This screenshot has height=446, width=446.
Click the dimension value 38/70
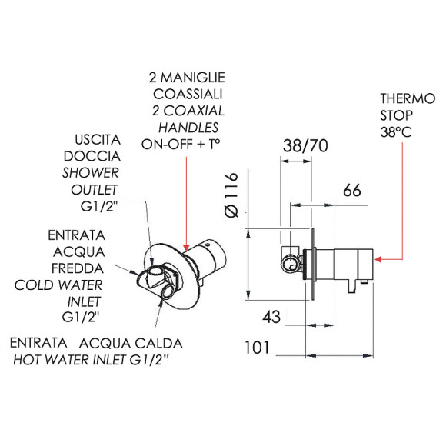click(x=305, y=145)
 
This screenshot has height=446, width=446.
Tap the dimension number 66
click(x=352, y=190)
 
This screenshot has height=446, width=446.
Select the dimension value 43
click(x=271, y=317)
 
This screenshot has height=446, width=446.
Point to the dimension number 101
click(x=257, y=348)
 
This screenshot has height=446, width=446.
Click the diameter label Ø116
click(x=231, y=195)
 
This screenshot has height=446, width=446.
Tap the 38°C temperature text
click(x=396, y=132)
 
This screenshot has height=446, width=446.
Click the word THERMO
click(x=408, y=98)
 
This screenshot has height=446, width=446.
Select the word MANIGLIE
click(x=193, y=78)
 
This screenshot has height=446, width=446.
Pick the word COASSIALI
click(x=188, y=94)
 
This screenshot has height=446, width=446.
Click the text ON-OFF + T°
click(x=181, y=145)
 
